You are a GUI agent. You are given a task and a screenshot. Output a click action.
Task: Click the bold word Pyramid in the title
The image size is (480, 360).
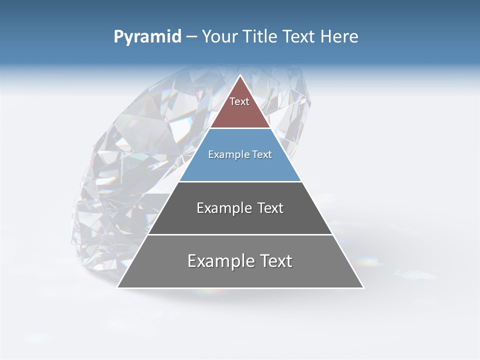coord(147,37)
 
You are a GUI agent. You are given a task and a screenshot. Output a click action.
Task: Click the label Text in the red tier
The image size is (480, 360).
coord(239,101)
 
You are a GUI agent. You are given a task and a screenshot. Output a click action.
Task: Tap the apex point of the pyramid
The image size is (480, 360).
coord(240,76)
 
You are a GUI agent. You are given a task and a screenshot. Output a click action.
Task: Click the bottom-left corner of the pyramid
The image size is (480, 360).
coord(118,287)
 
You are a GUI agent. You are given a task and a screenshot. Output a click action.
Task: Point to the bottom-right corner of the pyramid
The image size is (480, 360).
coord(363,287)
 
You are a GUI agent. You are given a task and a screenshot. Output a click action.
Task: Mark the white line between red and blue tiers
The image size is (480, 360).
coord(240,128)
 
